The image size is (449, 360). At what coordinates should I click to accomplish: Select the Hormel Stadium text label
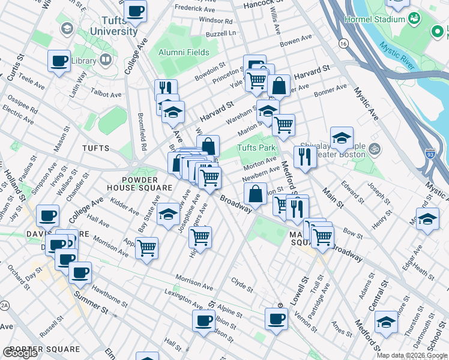(x=375, y=19)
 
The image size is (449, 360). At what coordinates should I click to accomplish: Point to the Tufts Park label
(x=256, y=148)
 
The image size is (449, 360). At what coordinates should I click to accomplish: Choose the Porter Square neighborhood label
(x=45, y=349)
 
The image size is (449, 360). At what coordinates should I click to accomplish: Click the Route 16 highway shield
(x=343, y=43)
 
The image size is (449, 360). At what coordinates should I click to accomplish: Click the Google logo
(x=20, y=353)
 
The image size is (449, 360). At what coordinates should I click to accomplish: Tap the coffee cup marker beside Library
(x=59, y=61)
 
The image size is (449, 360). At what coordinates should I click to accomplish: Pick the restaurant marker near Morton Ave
(x=305, y=157)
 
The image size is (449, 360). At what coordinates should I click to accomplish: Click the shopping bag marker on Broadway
(x=256, y=194)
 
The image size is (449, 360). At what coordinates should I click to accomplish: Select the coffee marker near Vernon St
(x=276, y=319)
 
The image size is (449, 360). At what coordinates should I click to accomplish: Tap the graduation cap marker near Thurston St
(x=386, y=322)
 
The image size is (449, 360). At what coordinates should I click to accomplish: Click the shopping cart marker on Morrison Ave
(x=146, y=247)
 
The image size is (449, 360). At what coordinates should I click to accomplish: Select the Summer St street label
(x=89, y=304)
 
